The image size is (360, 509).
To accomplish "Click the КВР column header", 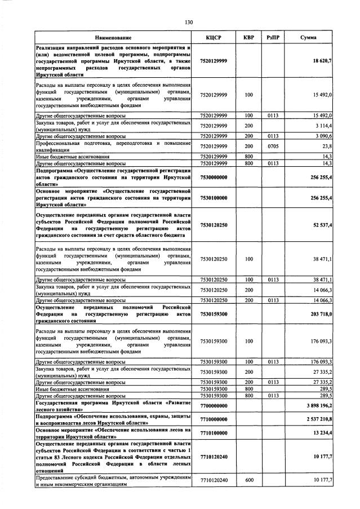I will [x=248, y=37].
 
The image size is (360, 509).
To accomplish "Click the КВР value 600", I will [x=248, y=480].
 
